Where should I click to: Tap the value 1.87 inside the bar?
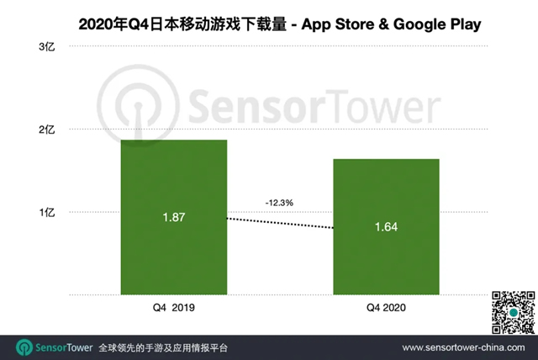tap(173, 218)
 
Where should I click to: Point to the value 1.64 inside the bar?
tap(386, 227)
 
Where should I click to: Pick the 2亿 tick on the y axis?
tap(47, 130)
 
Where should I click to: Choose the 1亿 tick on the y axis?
tap(47, 213)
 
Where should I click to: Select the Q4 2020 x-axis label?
tap(386, 309)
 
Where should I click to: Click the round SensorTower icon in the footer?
tap(24, 347)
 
